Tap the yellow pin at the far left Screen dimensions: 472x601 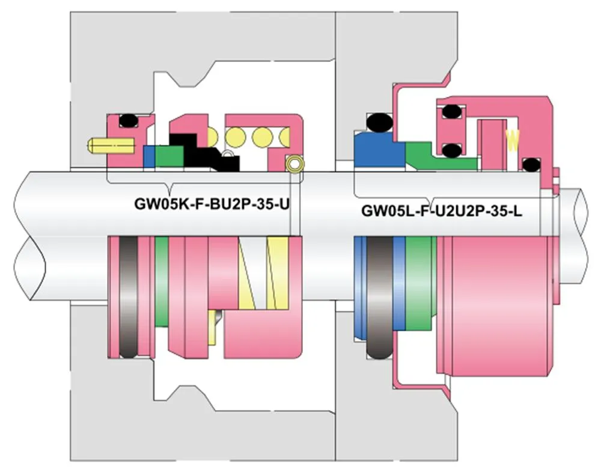[111, 145]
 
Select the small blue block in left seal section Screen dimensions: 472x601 [150, 156]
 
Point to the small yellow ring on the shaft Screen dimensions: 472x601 [294, 164]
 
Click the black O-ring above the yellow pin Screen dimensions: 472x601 [128, 121]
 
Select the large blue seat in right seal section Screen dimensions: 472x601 [377, 149]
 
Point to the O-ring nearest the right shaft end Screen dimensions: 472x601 [530, 164]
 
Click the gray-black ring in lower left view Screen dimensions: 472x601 [129, 297]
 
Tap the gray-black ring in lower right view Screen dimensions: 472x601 [380, 298]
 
